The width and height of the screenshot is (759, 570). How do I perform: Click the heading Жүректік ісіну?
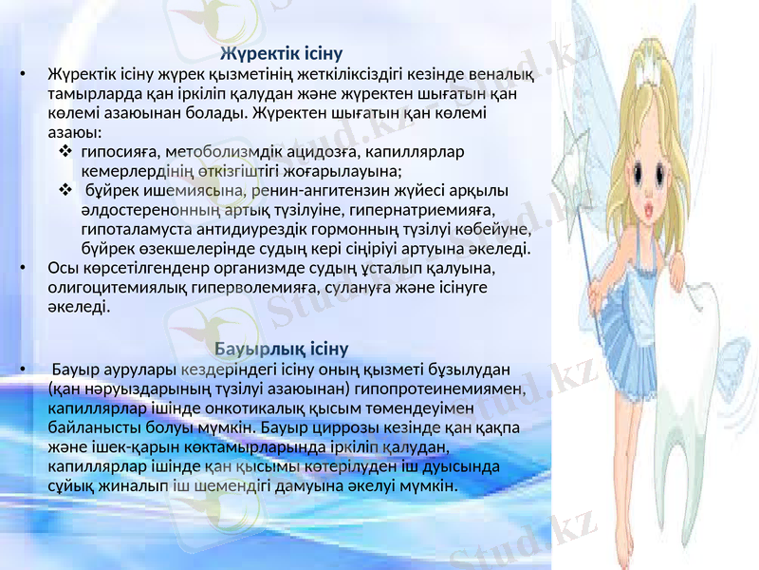tap(281, 51)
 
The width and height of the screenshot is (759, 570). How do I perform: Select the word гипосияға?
tap(120, 151)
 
